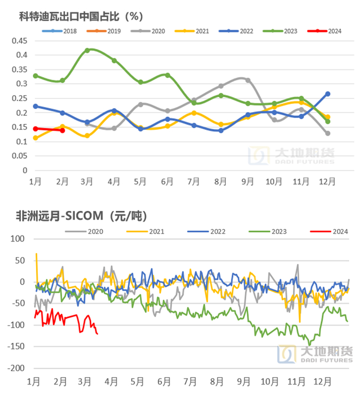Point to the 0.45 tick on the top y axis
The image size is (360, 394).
20,41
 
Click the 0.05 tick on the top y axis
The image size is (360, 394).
20,156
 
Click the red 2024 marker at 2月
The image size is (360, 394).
62,130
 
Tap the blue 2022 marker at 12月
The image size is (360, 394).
328,94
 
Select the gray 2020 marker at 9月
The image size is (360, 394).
248,80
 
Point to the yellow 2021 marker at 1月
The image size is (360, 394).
35,138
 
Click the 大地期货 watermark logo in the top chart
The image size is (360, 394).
291,155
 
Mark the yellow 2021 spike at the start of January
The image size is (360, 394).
36,254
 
